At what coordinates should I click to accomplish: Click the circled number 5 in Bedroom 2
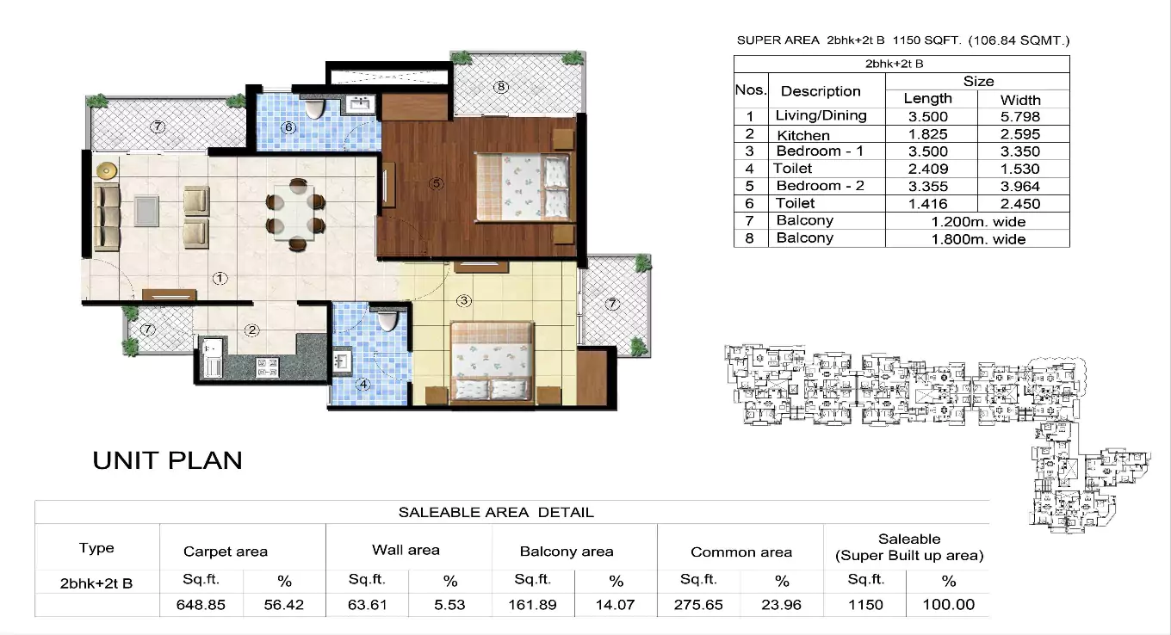pos(437,183)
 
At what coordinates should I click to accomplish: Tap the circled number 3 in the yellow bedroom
pos(464,300)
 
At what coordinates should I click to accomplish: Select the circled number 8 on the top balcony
pos(500,87)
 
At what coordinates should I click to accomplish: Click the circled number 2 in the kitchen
pos(251,330)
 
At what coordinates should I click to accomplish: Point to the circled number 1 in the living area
pos(220,278)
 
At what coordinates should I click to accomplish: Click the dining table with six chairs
pos(295,213)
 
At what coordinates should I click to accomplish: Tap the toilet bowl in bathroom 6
pos(315,108)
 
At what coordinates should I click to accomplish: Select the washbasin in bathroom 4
pos(342,358)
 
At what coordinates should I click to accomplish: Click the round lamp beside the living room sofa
pos(106,170)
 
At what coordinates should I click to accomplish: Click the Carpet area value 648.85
pos(201,604)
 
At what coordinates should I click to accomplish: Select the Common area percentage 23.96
pos(782,604)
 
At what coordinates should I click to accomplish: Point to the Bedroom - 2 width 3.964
pos(1021,186)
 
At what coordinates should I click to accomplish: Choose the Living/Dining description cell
pos(821,116)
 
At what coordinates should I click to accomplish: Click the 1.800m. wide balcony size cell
pos(978,238)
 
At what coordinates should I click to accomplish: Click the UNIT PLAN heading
pos(167,460)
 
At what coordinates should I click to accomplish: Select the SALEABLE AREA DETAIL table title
pos(496,513)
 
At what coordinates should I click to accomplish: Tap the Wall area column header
pos(406,550)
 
